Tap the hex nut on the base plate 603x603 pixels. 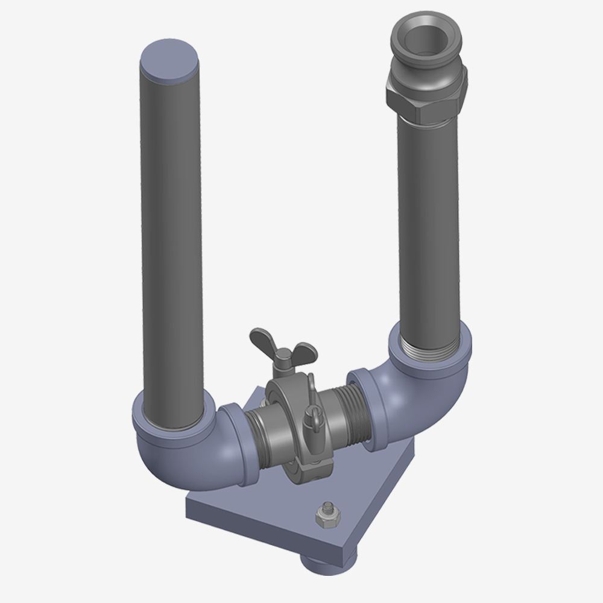[324, 516]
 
